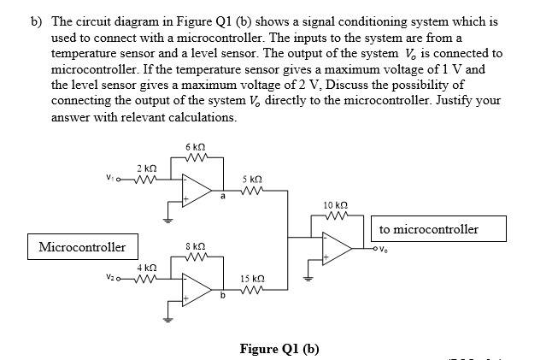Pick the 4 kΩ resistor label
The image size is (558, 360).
point(144,269)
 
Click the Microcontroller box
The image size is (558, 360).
point(82,247)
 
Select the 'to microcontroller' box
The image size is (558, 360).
point(440,228)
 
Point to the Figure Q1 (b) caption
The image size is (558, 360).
point(279,348)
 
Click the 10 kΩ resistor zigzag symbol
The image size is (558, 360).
point(334,216)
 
